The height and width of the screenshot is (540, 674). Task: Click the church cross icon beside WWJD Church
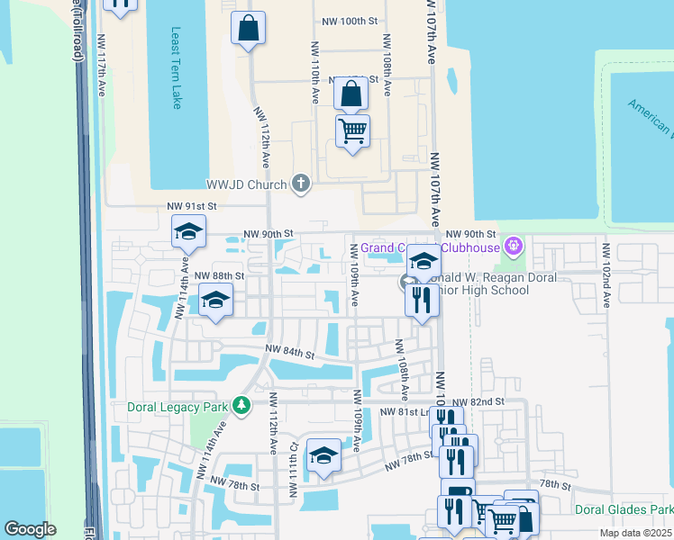click(x=302, y=184)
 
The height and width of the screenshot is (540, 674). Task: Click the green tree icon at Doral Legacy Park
click(x=241, y=406)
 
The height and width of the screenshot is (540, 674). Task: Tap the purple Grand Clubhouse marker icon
click(x=514, y=244)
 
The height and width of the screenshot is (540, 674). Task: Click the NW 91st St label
click(x=192, y=206)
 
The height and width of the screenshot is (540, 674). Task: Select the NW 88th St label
click(x=220, y=275)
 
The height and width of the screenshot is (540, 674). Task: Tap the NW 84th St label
click(x=289, y=353)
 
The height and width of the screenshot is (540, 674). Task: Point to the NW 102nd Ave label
click(x=607, y=275)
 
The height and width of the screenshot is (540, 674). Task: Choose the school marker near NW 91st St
click(x=189, y=233)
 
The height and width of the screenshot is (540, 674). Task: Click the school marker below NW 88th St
click(x=216, y=301)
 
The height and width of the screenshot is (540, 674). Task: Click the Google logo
click(x=30, y=529)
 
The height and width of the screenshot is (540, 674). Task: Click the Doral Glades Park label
click(x=623, y=509)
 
